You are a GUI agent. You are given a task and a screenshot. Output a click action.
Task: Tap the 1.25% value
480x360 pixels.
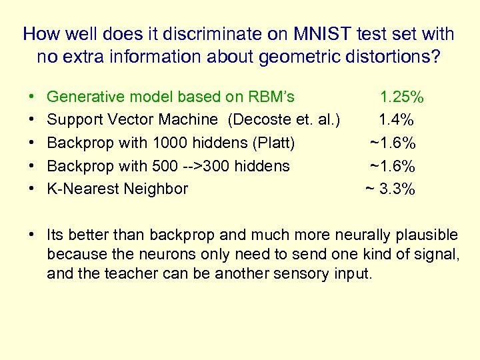click(401, 97)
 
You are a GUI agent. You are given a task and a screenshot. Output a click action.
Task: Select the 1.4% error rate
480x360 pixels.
click(397, 120)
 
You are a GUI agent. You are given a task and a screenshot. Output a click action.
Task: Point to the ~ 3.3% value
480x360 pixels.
click(391, 189)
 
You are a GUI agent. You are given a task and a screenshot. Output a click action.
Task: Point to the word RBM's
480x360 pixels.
click(271, 97)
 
